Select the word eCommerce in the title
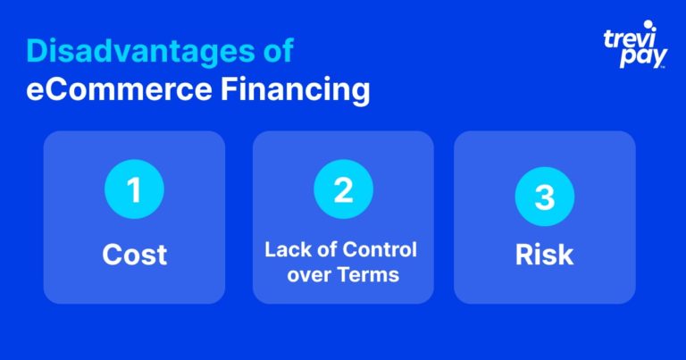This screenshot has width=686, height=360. [x=119, y=89]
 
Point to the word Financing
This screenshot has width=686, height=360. [x=296, y=91]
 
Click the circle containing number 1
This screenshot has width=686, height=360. [x=134, y=189]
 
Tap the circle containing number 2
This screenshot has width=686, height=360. [x=343, y=189]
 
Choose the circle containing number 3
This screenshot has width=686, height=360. [x=545, y=197]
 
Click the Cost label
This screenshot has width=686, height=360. [x=134, y=255]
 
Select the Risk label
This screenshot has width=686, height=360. [x=544, y=255]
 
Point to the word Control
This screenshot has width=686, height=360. [x=380, y=250]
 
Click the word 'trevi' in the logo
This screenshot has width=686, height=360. [x=629, y=39]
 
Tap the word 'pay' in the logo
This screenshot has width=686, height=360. [x=643, y=57]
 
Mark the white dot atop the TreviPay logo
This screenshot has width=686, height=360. [x=648, y=24]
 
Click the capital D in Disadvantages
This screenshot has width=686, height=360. [x=37, y=51]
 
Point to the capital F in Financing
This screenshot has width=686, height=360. [x=230, y=89]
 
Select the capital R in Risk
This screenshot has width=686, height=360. [x=524, y=255]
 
